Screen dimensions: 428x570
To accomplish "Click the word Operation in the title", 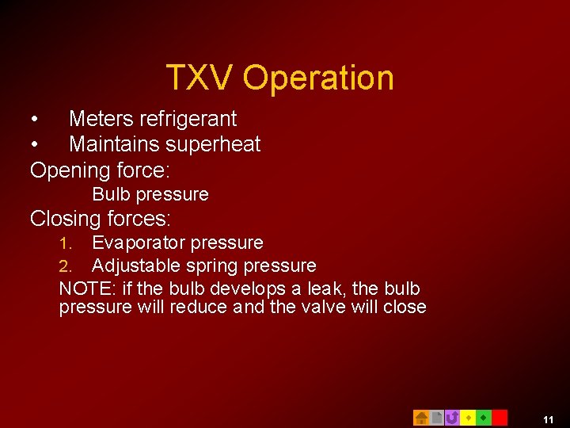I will click(318, 78).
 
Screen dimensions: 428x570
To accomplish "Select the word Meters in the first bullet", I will click(101, 119).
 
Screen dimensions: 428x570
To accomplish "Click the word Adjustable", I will click(136, 266).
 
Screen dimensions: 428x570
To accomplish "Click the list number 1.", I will click(66, 243).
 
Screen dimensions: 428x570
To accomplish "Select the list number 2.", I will click(66, 266).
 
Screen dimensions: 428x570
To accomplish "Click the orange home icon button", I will click(421, 418).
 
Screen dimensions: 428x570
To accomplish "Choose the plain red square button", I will click(500, 418).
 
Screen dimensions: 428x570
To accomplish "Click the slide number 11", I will click(548, 419).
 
